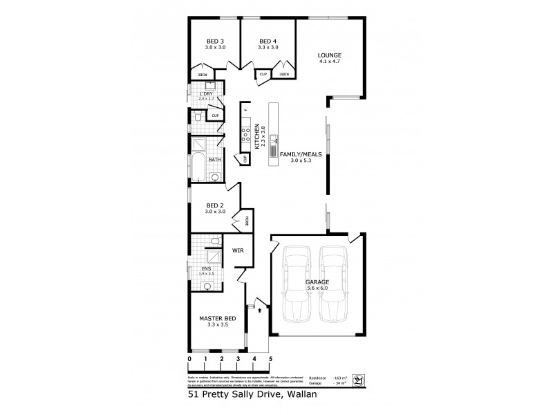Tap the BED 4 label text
(268, 41)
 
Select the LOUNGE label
(330, 55)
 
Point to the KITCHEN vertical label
(256, 136)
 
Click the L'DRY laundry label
(205, 93)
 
